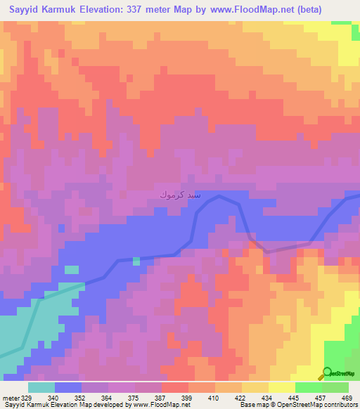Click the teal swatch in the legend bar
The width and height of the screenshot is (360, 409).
pyautogui.click(x=41, y=387)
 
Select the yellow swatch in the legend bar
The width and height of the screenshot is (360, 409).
pyautogui.click(x=281, y=387)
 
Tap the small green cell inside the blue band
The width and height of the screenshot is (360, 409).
pyautogui.click(x=136, y=261)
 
